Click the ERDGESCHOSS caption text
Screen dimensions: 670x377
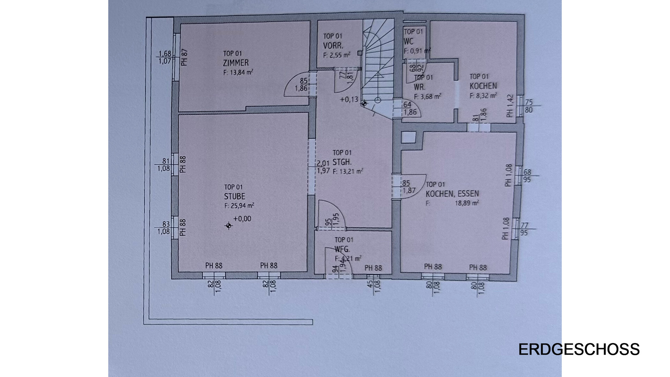[579, 349]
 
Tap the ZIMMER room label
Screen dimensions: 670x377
[236, 63]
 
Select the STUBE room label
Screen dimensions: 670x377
[234, 197]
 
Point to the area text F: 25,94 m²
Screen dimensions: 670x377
[239, 206]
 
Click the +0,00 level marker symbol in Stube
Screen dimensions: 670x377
[229, 226]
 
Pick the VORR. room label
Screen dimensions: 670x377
[333, 45]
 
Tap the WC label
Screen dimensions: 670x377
[409, 42]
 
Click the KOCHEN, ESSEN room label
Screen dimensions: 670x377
[452, 193]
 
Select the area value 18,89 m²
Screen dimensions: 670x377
[467, 203]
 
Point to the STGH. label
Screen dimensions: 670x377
[342, 162]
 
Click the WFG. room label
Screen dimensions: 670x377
[342, 249]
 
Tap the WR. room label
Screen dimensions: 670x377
[419, 87]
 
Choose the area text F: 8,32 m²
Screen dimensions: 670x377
[483, 95]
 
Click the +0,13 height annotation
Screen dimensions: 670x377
[349, 99]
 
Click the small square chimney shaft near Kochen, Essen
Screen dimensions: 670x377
[408, 137]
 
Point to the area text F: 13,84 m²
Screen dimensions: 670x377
[238, 73]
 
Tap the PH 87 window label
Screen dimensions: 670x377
[184, 57]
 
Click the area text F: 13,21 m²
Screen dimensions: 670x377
[348, 171]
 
